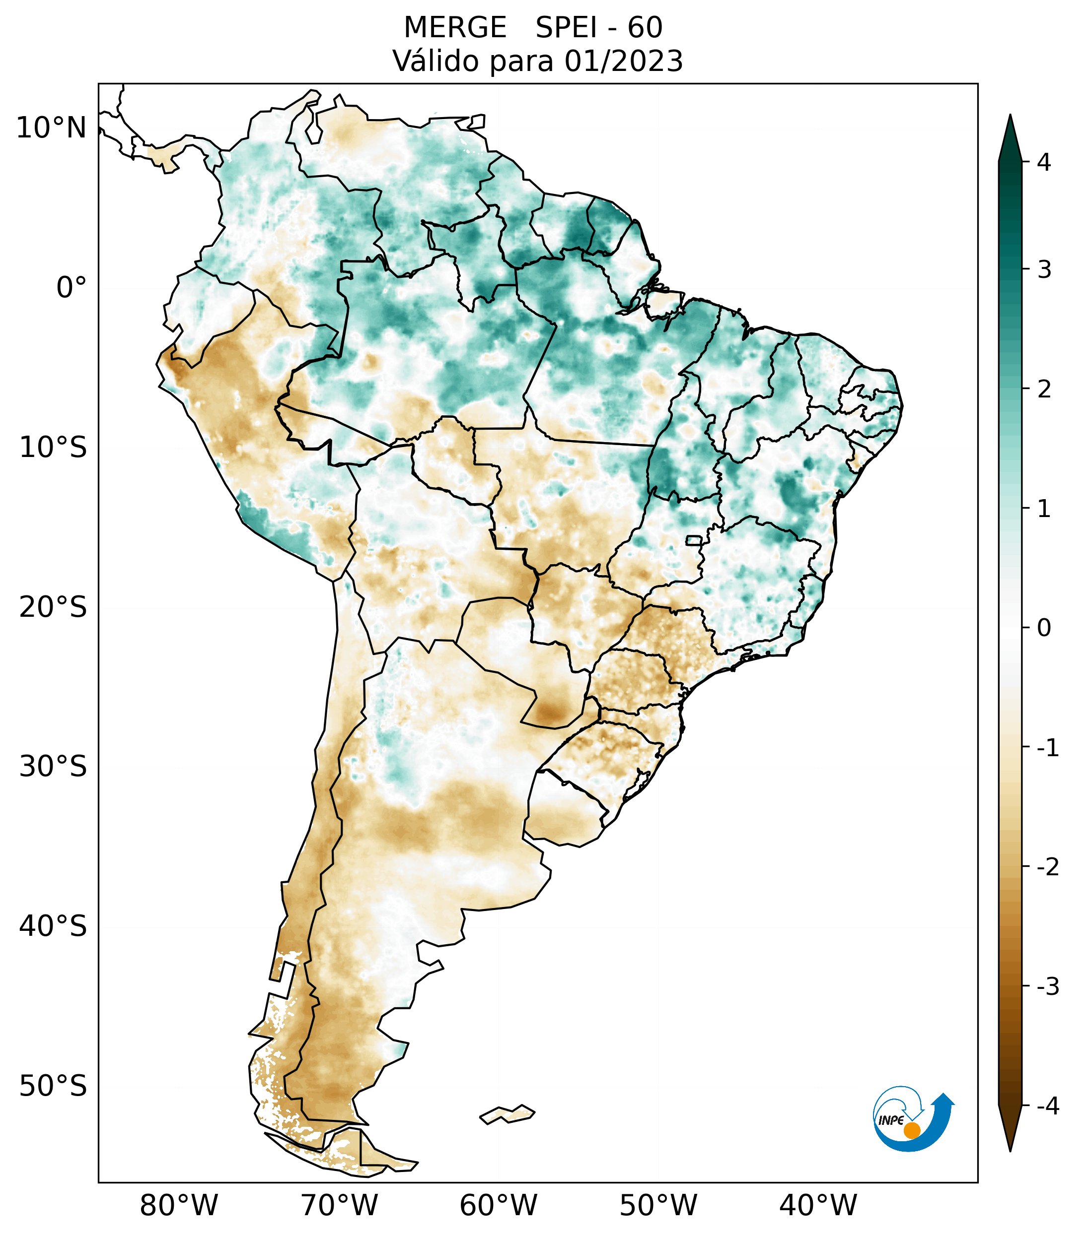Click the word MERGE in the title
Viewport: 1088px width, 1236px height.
pos(455,28)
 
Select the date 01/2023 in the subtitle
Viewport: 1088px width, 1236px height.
pos(623,61)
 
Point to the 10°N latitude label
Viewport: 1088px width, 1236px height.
pos(52,128)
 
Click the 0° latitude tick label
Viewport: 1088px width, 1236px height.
pos(72,287)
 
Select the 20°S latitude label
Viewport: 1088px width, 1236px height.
pos(53,607)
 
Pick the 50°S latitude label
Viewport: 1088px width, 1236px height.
pos(53,1086)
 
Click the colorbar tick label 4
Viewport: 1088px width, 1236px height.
pos(1043,162)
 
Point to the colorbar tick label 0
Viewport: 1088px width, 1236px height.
pos(1043,628)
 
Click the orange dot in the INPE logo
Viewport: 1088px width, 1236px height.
pos(911,1130)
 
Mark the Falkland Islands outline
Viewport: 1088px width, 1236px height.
pos(507,1114)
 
